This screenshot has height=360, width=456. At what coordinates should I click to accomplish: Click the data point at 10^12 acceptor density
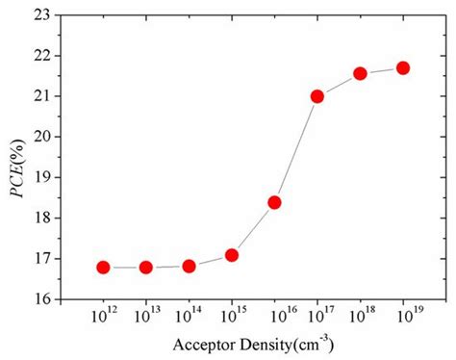103,267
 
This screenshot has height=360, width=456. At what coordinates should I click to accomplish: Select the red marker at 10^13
146,267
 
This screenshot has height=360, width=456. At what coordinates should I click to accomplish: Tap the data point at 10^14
189,266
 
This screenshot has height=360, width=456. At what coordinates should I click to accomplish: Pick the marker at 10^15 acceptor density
232,255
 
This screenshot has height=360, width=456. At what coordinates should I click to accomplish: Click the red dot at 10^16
274,202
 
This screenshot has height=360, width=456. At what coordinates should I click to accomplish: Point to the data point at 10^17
317,96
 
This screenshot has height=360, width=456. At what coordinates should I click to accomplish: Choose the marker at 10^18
360,73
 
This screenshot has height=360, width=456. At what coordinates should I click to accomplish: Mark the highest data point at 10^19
403,67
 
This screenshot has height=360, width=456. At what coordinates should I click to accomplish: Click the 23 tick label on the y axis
39,14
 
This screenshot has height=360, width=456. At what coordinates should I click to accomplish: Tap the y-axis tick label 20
39,136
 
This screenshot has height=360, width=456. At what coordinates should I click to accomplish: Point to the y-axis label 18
39,218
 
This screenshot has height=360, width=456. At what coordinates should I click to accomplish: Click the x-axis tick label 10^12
103,315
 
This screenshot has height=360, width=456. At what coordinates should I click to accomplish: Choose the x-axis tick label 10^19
403,315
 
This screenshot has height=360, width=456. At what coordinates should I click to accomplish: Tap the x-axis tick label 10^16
275,315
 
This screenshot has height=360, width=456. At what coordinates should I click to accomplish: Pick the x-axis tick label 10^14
190,315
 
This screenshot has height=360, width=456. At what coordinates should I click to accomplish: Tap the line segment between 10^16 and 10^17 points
296,149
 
